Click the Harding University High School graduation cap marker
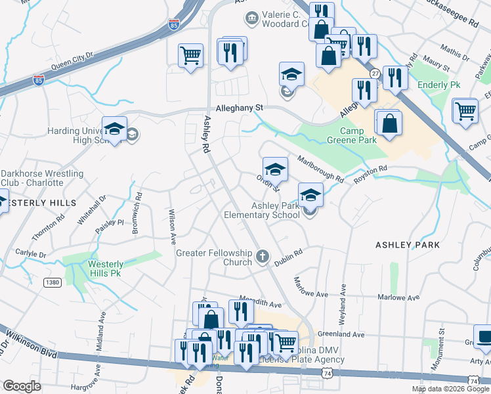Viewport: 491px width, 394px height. coord(114,129)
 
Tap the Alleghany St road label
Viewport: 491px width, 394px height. coord(240,107)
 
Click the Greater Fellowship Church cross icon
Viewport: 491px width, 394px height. coord(263,255)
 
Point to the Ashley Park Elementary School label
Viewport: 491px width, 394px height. coord(262,210)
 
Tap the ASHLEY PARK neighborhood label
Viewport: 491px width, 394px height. coord(403,244)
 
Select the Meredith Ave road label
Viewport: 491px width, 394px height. coord(261,305)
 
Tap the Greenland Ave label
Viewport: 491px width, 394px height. coord(340,334)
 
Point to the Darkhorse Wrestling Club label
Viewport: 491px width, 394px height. coord(42,178)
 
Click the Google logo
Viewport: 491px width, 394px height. coord(22,386)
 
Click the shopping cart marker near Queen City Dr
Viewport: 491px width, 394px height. coord(190,56)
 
